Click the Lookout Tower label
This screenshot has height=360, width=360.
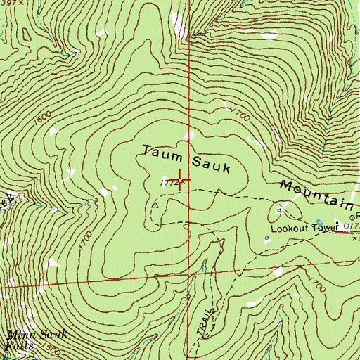(300, 229)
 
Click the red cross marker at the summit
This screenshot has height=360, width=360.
(181, 181)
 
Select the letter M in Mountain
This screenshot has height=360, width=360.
(287, 186)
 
